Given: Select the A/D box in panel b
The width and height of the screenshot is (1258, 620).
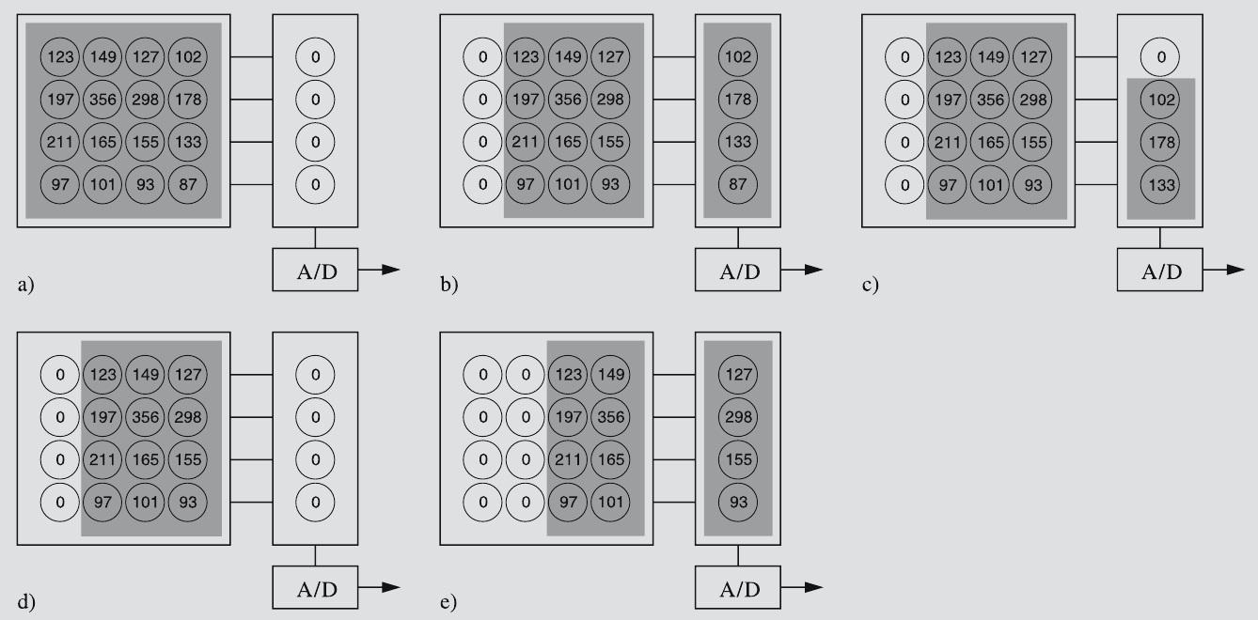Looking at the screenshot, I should pos(738,271).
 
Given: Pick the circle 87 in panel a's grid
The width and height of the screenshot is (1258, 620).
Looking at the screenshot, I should pos(187,184).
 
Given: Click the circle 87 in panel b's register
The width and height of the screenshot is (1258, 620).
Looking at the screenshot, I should pos(738,184).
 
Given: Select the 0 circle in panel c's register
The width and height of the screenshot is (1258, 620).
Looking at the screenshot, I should pos(1161,57).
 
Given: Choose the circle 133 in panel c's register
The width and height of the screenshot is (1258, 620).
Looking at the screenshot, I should pos(1161,184).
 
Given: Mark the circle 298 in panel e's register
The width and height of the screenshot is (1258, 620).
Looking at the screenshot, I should pos(738,416).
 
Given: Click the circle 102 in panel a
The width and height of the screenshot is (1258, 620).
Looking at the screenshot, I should pos(187,58).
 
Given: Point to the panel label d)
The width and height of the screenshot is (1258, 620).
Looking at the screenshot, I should pos(25,601).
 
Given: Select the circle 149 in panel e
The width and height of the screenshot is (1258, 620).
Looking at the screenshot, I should pos(611,374).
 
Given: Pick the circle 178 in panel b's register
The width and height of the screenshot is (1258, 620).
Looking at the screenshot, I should pos(738,98).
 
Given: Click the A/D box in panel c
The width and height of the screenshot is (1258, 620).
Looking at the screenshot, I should pos(1161,271).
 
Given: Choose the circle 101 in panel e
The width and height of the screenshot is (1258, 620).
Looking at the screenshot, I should pos(611,502).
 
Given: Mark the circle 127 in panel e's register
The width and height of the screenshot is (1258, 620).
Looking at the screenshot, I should pos(738,374).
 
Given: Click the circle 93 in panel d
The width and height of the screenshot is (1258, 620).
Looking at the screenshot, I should pos(187,502).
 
